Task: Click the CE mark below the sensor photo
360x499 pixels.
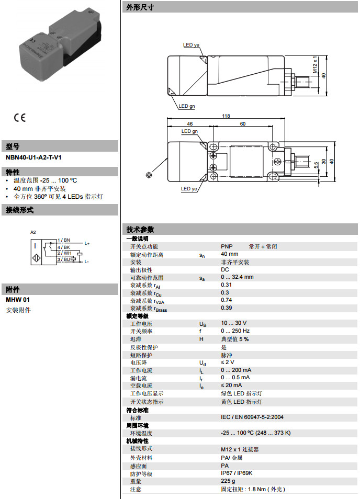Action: (19, 118)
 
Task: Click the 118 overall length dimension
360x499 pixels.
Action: (226, 116)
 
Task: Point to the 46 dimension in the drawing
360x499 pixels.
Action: (189, 124)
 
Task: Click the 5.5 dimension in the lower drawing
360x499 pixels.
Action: (316, 164)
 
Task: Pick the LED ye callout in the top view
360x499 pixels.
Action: (191, 45)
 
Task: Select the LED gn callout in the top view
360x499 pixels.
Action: (187, 106)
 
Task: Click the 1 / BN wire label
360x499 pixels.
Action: (64, 239)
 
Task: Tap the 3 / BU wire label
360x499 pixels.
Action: (64, 259)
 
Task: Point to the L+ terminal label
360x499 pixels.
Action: (87, 243)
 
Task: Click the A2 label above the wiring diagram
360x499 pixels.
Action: (33, 231)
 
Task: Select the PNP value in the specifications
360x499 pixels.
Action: (227, 246)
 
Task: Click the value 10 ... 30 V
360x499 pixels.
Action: (233, 323)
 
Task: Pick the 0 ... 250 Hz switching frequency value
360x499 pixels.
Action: (235, 331)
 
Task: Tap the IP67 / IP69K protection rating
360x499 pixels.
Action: (237, 473)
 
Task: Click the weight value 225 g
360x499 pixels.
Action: (228, 481)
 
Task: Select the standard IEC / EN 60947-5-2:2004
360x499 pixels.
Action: (252, 417)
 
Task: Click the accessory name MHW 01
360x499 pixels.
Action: (18, 300)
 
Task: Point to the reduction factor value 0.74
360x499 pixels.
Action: (226, 300)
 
